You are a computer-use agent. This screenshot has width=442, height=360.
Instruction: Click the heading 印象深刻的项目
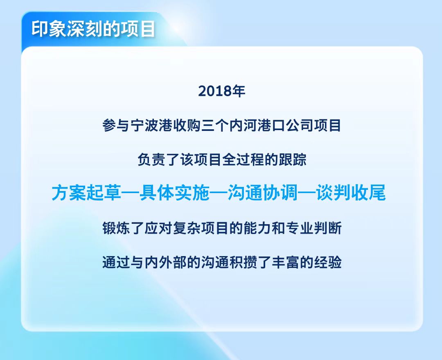point(93,29)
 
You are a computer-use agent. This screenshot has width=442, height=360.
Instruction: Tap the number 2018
point(214,91)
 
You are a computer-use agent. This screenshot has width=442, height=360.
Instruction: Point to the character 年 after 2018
point(238,91)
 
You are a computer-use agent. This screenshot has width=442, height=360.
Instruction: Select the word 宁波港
point(152,126)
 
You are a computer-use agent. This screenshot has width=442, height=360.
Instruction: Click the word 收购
point(187,126)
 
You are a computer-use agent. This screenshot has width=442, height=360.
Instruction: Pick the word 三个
point(215,126)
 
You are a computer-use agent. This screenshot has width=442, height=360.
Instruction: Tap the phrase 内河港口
point(257,126)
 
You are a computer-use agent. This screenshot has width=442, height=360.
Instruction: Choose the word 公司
point(299,126)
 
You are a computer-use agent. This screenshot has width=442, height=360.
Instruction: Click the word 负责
point(152,160)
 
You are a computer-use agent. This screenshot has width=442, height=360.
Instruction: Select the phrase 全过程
point(243,160)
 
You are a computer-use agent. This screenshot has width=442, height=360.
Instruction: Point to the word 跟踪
point(292,160)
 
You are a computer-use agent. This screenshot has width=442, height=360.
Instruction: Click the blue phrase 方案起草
point(87,193)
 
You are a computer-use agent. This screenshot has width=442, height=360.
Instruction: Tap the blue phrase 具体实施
point(175,193)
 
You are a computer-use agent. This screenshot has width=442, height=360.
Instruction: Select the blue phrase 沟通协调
point(263,193)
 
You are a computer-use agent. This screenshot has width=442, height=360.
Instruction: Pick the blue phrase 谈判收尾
point(351,193)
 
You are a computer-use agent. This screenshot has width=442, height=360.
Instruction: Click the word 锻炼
point(116,228)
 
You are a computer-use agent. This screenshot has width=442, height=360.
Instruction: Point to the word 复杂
point(187,228)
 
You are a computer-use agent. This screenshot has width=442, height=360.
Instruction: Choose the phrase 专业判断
point(313,228)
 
